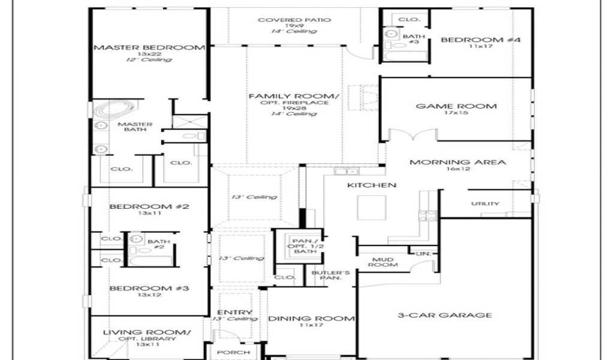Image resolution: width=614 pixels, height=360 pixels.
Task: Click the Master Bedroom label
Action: click(x=149, y=47)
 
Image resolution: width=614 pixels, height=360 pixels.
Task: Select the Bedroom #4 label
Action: click(x=481, y=40)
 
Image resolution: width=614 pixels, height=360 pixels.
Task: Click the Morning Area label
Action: click(x=458, y=162)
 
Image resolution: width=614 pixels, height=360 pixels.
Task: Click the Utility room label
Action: click(x=485, y=204)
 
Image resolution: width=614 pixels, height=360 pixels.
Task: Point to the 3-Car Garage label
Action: click(x=445, y=315)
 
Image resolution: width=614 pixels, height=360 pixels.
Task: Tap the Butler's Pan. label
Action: click(x=326, y=275)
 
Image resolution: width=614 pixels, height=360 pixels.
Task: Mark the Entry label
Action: click(x=234, y=313)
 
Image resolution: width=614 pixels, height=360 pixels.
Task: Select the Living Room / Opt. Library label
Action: click(x=147, y=332)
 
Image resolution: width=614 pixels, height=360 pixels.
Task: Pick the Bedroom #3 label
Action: click(x=149, y=289)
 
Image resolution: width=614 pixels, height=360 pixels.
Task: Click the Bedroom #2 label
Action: click(x=149, y=207)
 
